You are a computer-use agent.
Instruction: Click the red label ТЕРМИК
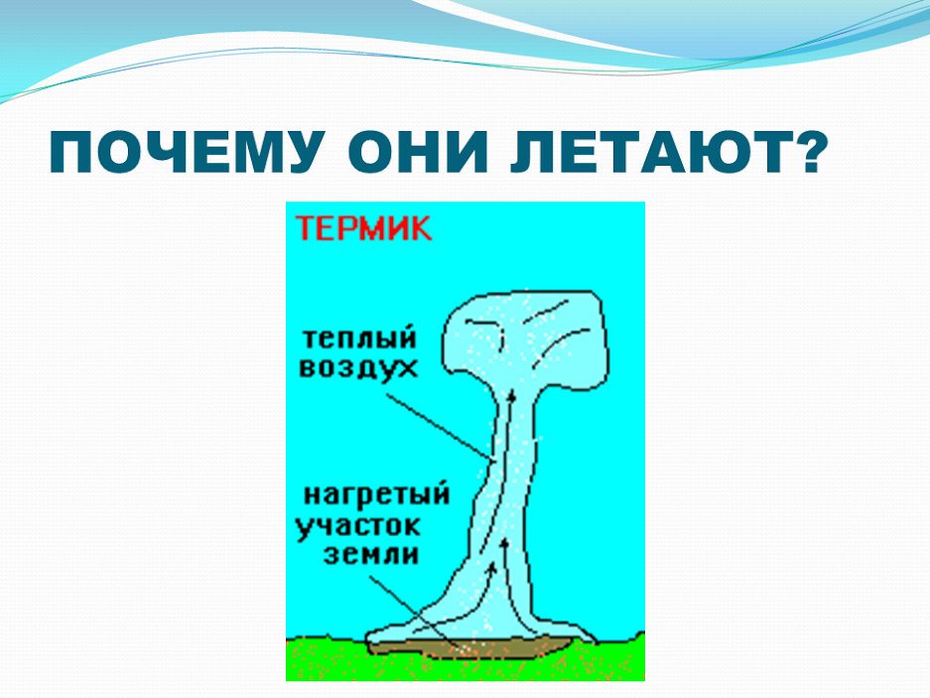pyautogui.click(x=363, y=228)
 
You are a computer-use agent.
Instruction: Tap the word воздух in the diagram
pyautogui.click(x=358, y=368)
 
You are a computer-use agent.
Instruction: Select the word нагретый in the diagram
pyautogui.click(x=376, y=494)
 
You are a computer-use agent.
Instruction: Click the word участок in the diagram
pyautogui.click(x=357, y=526)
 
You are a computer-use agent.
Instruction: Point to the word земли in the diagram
pyautogui.click(x=370, y=555)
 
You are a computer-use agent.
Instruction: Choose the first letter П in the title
pyautogui.click(x=69, y=152)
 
